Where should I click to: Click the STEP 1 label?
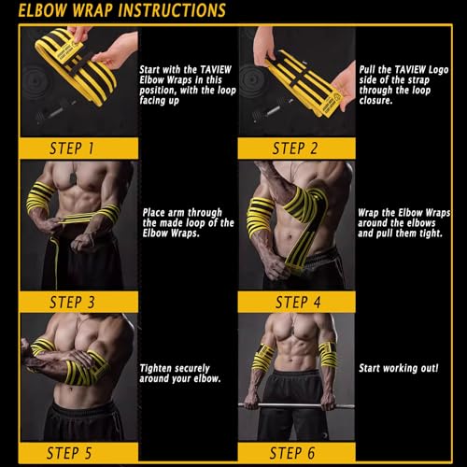coord(72,149)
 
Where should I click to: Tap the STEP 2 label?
coord(295,149)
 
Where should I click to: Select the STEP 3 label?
coord(72,303)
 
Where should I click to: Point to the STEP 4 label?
coord(298,303)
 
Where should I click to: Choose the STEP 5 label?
coord(69,453)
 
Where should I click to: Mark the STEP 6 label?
coord(292,453)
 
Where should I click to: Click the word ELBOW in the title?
coord(43,10)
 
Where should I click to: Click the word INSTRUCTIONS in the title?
coord(172,10)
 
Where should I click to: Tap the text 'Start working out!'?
coord(399,368)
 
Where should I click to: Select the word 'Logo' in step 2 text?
coord(438,70)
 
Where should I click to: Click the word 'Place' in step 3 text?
coord(154,213)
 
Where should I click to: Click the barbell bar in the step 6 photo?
coord(296,405)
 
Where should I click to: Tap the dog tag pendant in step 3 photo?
coord(74,178)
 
